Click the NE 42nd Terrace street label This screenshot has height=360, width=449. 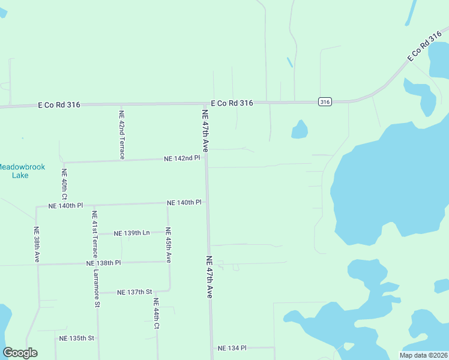click(121, 135)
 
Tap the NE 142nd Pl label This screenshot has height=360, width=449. click(182, 158)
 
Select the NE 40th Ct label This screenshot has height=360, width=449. click(64, 184)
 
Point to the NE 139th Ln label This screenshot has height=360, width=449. click(133, 232)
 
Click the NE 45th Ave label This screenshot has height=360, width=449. click(169, 245)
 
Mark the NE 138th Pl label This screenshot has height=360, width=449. click(103, 263)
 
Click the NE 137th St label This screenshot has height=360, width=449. click(134, 292)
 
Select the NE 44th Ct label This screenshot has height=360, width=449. click(155, 314)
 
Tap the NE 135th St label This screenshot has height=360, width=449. click(77, 338)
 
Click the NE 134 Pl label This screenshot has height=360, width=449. click(232, 348)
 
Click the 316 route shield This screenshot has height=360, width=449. click(325, 102)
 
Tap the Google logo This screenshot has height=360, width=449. click(20, 353)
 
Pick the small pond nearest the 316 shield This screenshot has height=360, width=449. click(300, 130)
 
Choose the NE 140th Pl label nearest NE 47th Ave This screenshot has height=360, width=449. click(184, 203)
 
